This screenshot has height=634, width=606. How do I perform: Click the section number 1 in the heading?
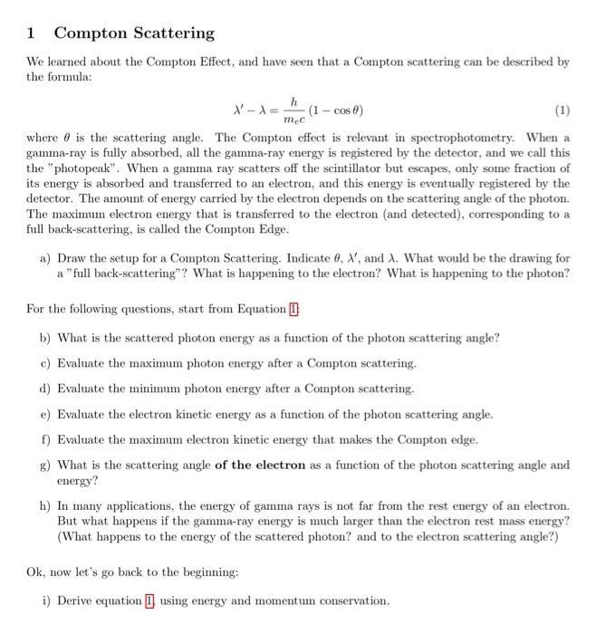[30, 34]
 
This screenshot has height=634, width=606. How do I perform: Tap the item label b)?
[45, 338]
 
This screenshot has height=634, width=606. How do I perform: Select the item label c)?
[45, 363]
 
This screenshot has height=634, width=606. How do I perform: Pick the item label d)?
[45, 389]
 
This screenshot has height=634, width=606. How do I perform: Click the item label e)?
[45, 414]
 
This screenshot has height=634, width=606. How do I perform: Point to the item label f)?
[45, 439]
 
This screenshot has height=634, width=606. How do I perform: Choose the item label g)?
[45, 465]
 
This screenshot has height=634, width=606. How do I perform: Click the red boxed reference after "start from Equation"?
[293, 309]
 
